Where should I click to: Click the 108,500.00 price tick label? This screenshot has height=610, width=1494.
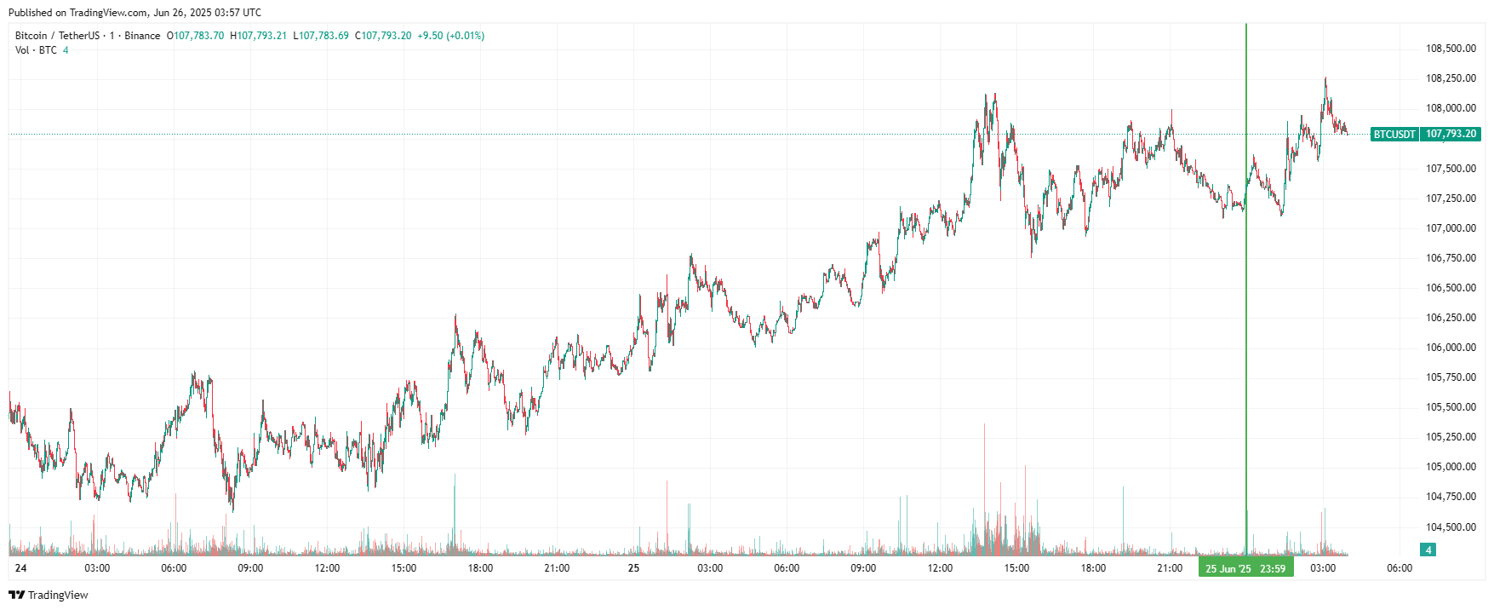tap(1451, 49)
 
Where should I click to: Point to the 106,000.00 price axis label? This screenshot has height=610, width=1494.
tap(1451, 348)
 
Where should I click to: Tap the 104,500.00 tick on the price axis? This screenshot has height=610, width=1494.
tap(1451, 527)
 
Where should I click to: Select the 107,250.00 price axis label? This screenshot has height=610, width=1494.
tap(1451, 199)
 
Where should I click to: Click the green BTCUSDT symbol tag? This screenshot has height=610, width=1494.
tap(1394, 135)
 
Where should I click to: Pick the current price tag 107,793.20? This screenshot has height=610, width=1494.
tap(1451, 135)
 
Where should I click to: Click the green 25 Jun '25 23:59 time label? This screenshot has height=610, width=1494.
tap(1245, 568)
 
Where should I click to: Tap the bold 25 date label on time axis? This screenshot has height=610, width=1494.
tap(633, 568)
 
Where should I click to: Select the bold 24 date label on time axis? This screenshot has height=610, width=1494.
tap(20, 568)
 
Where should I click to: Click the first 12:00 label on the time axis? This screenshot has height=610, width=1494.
tap(327, 568)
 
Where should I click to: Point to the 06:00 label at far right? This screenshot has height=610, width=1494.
tap(1400, 568)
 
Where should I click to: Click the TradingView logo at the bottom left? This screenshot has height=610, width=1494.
tap(49, 595)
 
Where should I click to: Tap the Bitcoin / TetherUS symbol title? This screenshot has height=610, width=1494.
tap(57, 36)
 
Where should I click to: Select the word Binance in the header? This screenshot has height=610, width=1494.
tap(142, 36)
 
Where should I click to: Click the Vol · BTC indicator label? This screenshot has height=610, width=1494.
tap(36, 50)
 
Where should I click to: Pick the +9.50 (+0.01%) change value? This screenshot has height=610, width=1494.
tap(450, 36)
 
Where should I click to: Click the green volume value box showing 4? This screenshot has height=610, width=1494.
tap(1428, 550)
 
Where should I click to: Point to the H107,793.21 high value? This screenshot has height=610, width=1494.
tap(259, 36)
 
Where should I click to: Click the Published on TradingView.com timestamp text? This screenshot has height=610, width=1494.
tap(135, 13)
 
